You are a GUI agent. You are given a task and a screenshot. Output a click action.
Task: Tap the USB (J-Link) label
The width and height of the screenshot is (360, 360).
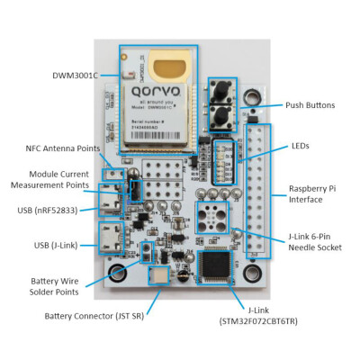point(55,245)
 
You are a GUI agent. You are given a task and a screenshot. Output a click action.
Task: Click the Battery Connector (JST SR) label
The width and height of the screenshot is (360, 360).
point(96,316)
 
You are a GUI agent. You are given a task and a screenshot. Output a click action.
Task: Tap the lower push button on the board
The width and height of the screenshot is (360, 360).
point(218,114)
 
